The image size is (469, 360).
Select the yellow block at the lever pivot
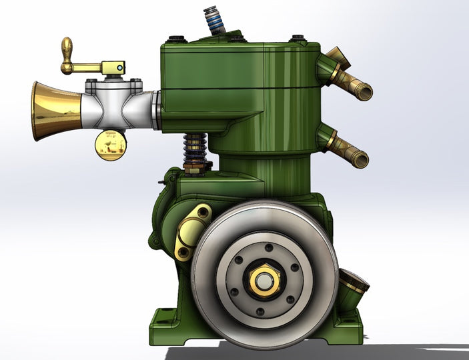(114, 67)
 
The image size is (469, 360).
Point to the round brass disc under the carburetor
(111, 145)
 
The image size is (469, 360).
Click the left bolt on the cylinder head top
(175, 39)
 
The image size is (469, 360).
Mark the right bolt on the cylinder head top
(298, 39)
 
